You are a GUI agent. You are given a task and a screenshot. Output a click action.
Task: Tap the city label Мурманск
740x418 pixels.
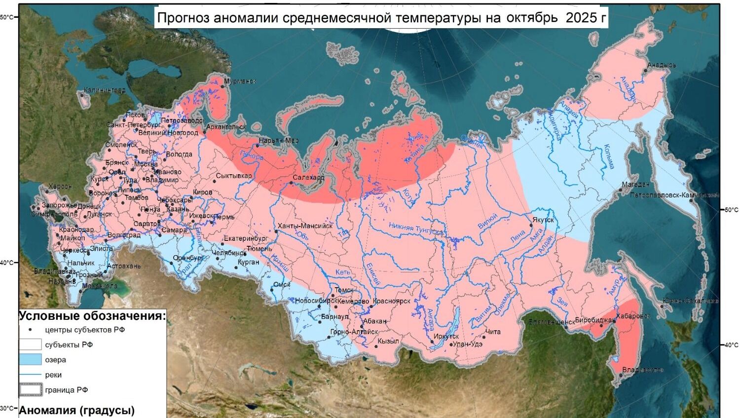pos(240,81)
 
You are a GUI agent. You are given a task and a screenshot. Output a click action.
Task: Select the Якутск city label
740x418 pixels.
pos(543,220)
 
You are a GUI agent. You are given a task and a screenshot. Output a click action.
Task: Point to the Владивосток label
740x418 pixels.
pos(642,370)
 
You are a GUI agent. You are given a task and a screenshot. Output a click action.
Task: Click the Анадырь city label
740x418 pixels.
pos(662,65)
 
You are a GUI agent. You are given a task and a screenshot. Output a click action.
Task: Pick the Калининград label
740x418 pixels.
pos(104,90)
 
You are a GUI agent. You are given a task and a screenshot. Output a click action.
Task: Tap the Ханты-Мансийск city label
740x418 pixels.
pos(305,226)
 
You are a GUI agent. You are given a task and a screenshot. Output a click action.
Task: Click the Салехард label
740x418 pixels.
pos(308,178)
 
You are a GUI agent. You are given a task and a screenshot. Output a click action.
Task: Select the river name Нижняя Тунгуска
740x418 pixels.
pos(415,228)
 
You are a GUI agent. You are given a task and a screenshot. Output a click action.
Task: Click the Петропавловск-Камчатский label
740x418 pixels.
pos(674,195)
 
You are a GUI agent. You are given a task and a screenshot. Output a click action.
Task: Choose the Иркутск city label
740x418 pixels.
pos(446,337)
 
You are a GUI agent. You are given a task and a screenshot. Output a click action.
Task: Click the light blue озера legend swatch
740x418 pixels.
pos(30,360)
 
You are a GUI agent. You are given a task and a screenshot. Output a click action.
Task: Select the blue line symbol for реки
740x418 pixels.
pos(30,375)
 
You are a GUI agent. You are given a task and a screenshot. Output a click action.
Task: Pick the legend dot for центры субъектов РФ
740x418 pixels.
pos(30,330)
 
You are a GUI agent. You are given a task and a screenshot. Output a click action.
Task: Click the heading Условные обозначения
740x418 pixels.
pos(92,316)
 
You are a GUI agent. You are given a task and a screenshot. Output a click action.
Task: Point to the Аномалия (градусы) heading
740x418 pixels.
pos(77,410)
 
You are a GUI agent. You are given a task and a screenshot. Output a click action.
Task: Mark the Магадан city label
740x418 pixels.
pos(635,185)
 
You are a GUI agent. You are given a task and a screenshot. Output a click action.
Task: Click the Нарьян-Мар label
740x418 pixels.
pos(279,141)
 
